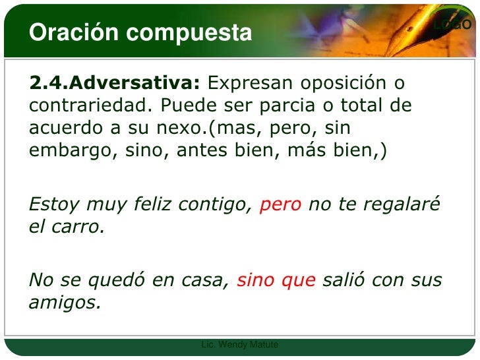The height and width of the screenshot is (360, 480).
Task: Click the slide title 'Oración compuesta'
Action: click(140, 32)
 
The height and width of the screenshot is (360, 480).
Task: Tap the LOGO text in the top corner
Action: click(452, 25)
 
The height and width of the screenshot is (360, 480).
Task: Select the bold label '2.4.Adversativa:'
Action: click(114, 84)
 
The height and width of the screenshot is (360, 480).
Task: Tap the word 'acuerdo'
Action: click(64, 128)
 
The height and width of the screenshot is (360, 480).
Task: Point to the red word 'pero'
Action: click(281, 206)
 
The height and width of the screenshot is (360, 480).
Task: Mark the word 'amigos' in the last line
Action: click(65, 303)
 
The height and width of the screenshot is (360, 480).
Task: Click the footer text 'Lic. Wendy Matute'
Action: click(240, 345)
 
